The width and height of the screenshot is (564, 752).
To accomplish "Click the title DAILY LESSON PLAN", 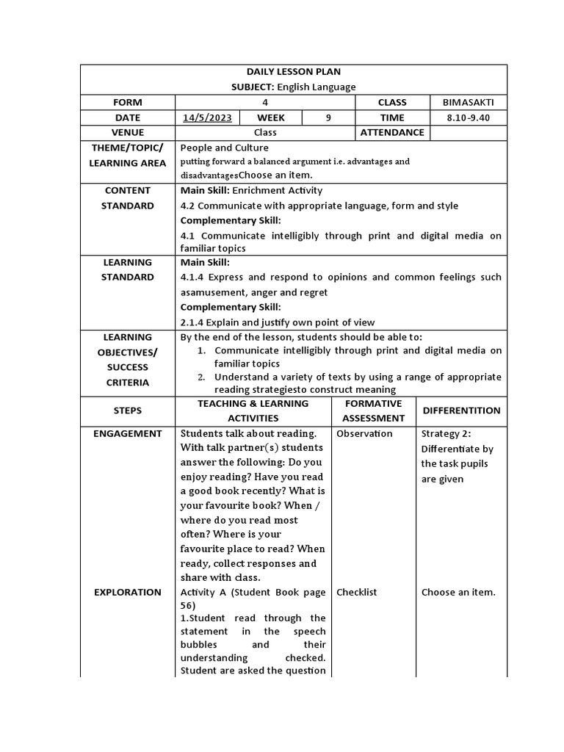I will click(293, 71).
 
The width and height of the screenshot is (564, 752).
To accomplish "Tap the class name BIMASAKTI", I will click(468, 102).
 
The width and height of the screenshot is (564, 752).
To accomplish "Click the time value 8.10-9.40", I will click(468, 117).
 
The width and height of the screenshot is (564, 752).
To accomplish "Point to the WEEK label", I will click(271, 117).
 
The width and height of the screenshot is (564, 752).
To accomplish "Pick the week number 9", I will click(328, 117).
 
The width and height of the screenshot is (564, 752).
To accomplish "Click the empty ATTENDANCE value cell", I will click(468, 133).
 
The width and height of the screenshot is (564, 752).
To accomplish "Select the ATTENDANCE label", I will click(392, 133).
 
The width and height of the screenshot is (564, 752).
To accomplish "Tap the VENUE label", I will click(128, 133).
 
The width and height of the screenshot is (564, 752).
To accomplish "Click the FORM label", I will click(128, 102).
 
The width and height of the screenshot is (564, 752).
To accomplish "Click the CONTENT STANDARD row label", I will click(128, 198).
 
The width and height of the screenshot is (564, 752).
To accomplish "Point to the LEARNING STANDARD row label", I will click(128, 270).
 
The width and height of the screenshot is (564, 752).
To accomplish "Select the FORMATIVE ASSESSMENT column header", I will click(373, 411).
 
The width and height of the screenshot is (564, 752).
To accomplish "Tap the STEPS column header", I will click(128, 411).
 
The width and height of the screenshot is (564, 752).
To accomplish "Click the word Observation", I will click(364, 433).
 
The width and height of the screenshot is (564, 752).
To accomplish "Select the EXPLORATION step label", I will click(128, 592).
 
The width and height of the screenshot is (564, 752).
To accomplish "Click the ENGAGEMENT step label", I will click(128, 433).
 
